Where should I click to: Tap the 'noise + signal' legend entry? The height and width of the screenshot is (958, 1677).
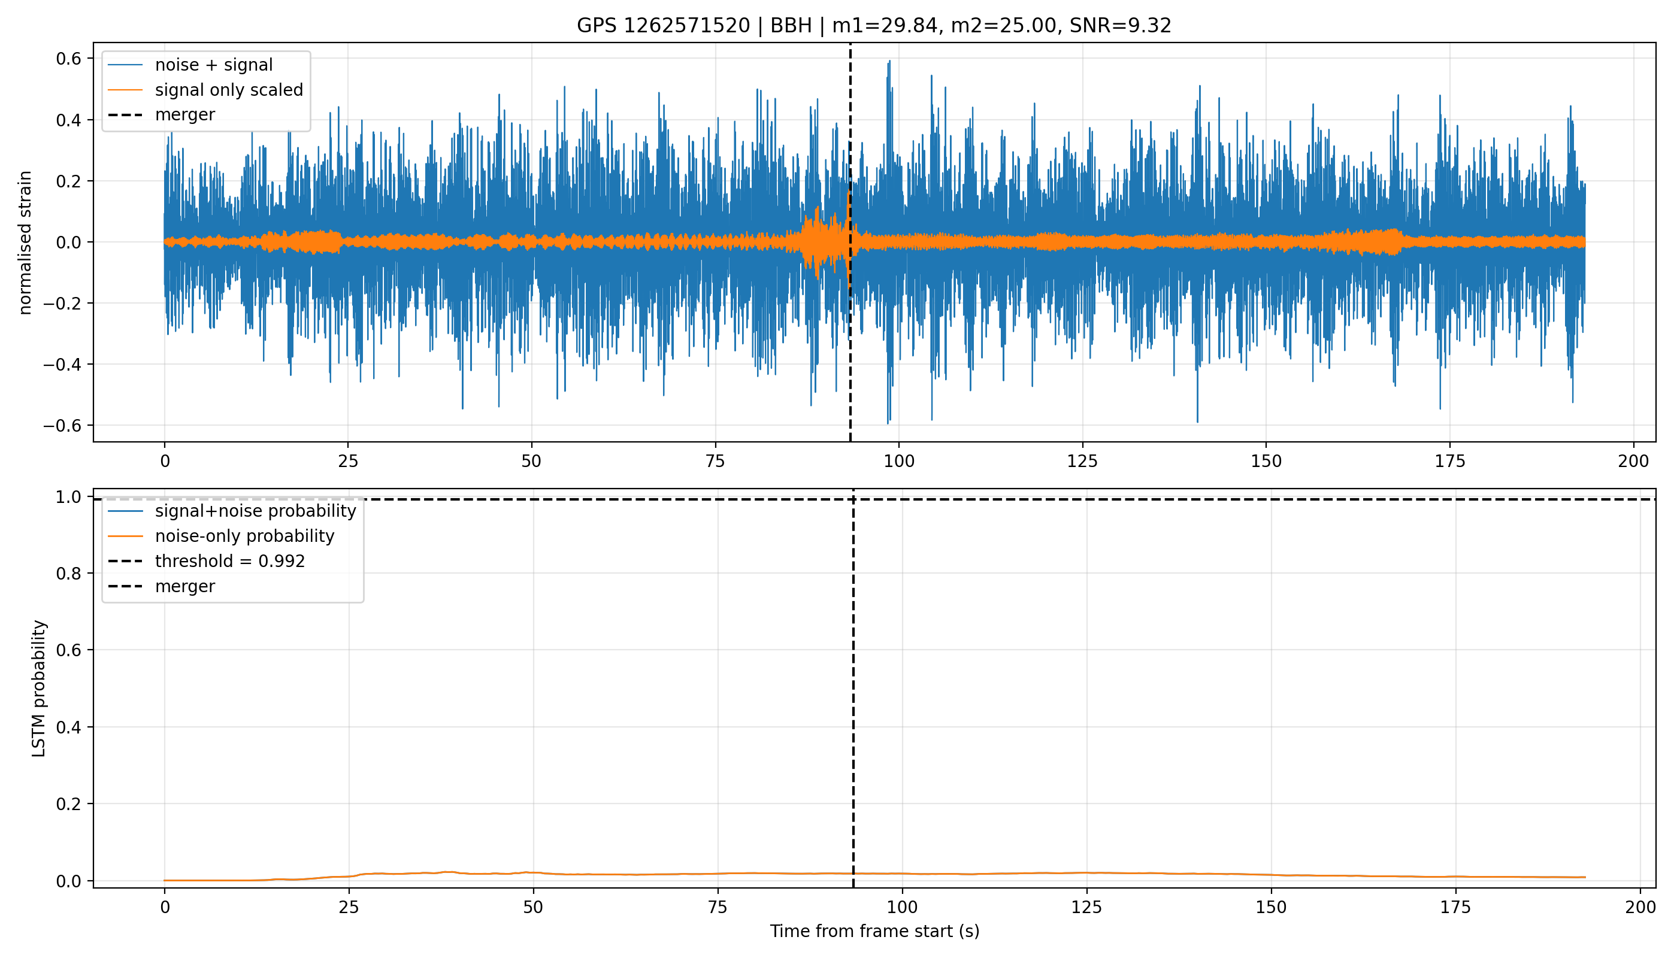click(214, 65)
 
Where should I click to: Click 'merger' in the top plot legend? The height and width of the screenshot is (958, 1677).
click(185, 115)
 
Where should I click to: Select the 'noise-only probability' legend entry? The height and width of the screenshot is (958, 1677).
click(245, 536)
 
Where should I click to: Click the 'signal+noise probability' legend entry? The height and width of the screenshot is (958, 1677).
click(255, 511)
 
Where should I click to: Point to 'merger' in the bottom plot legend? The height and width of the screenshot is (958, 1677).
click(185, 586)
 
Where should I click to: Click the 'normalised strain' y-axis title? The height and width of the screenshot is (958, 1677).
click(25, 242)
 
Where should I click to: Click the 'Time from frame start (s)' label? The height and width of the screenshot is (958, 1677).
click(874, 932)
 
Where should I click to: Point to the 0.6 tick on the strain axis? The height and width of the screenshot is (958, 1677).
click(68, 59)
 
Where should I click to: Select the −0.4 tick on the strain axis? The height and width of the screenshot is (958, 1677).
click(63, 365)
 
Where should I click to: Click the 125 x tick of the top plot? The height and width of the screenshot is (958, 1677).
click(1083, 461)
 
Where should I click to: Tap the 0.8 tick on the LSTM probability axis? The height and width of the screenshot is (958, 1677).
click(68, 574)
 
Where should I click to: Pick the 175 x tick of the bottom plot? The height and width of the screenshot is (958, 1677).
click(1455, 907)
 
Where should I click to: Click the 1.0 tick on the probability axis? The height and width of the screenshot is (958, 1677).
click(68, 497)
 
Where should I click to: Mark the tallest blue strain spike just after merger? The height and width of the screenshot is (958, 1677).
click(890, 61)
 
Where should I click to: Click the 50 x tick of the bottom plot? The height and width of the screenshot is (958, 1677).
click(533, 907)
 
